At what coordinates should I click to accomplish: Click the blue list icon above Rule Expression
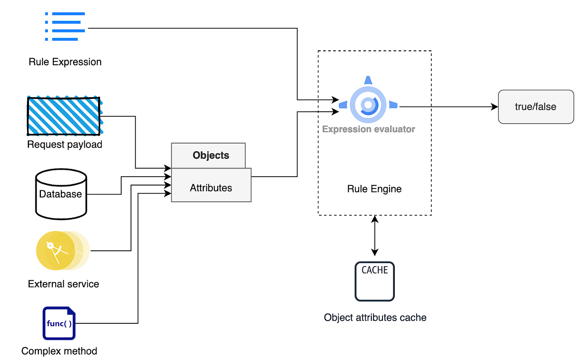pyautogui.click(x=65, y=26)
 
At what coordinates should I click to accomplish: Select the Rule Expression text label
pyautogui.click(x=65, y=62)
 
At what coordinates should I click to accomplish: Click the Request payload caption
pyautogui.click(x=65, y=145)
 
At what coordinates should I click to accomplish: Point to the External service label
pyautogui.click(x=64, y=284)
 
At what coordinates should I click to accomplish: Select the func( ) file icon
pyautogui.click(x=59, y=323)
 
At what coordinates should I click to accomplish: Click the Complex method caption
pyautogui.click(x=59, y=351)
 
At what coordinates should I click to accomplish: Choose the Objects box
pyautogui.click(x=208, y=156)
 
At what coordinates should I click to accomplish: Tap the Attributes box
pyautogui.click(x=211, y=188)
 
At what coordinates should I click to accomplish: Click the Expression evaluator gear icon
pyautogui.click(x=368, y=105)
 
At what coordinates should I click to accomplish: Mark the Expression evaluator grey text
pyautogui.click(x=368, y=129)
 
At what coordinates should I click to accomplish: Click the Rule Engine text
pyautogui.click(x=374, y=189)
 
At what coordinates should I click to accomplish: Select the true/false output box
pyautogui.click(x=536, y=107)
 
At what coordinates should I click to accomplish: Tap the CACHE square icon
pyautogui.click(x=375, y=282)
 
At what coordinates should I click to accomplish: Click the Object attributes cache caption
pyautogui.click(x=375, y=317)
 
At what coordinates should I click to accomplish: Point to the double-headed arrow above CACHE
pyautogui.click(x=375, y=235)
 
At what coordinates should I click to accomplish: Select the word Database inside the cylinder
pyautogui.click(x=61, y=194)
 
